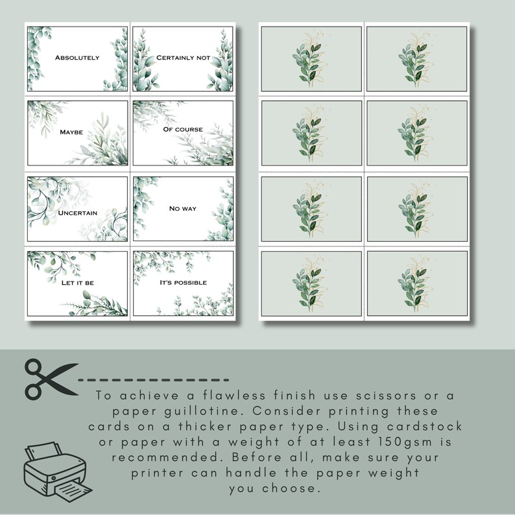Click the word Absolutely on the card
[77, 58]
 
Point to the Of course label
[183, 129]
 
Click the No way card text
[183, 208]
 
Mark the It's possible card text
[183, 283]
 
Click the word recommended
[171, 458]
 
